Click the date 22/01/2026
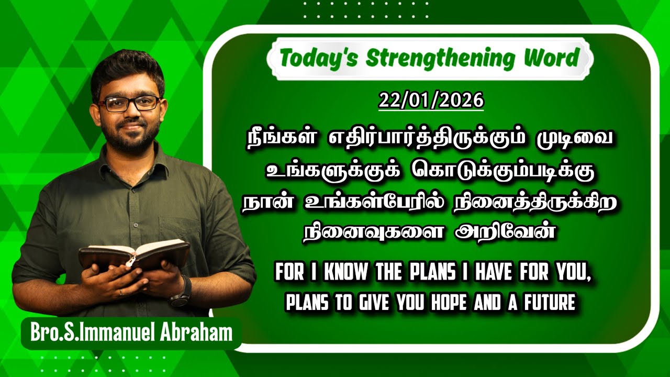[431, 101]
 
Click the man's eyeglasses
[129, 103]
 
